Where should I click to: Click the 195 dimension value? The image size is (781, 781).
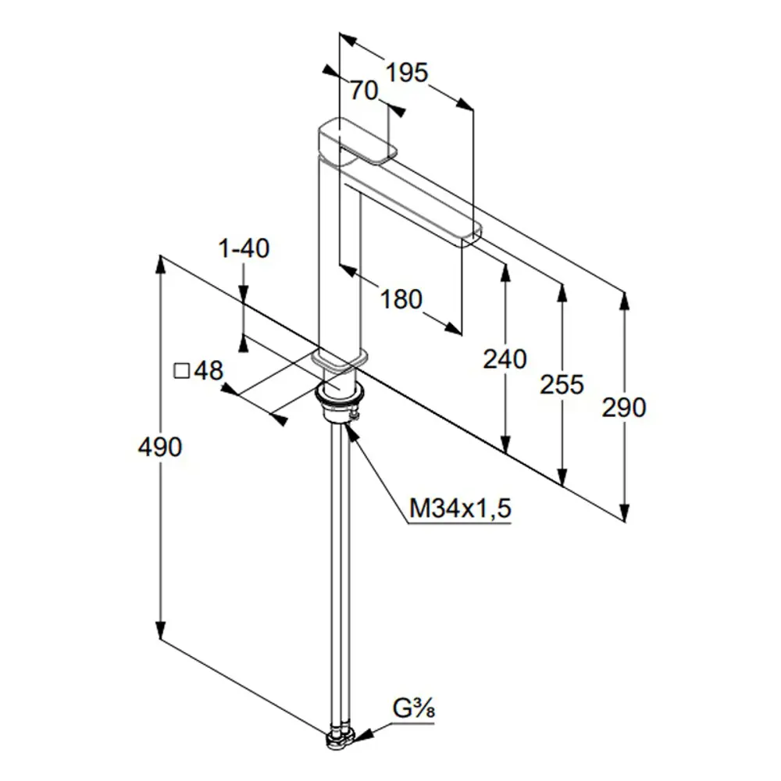tap(407, 73)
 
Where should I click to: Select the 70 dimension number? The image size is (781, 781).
tap(364, 91)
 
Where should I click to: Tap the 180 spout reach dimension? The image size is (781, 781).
tap(401, 299)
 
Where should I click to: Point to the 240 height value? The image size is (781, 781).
tap(505, 359)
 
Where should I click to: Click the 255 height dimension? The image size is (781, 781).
tap(562, 384)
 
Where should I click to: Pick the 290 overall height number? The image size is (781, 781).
tap(624, 408)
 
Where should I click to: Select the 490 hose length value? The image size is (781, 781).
tap(160, 447)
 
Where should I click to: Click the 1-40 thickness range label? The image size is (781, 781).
tap(244, 248)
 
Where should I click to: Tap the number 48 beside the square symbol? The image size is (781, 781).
tap(209, 370)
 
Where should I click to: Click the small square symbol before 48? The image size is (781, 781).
tap(181, 371)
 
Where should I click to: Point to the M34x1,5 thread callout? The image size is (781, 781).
tap(460, 508)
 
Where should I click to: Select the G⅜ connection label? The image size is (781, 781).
tap(413, 709)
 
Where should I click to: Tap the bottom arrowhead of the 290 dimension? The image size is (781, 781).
tap(625, 512)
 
